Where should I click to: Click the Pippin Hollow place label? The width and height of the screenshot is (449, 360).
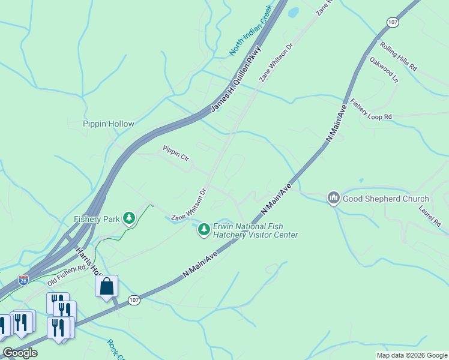(x=108, y=124)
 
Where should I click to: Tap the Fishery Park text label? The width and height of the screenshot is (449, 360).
(x=97, y=219)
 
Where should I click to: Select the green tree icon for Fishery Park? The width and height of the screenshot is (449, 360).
(x=128, y=218)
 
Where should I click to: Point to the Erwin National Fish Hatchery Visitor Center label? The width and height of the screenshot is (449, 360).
(x=255, y=230)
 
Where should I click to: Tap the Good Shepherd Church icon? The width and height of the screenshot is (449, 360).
(x=333, y=198)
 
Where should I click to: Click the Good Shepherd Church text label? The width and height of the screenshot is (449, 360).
(x=386, y=199)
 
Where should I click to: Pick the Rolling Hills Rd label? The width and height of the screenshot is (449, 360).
(x=397, y=56)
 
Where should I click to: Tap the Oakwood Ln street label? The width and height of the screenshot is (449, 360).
(x=384, y=70)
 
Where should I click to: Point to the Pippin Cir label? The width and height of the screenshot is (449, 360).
(x=176, y=153)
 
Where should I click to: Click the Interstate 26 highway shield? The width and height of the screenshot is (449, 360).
(x=23, y=280)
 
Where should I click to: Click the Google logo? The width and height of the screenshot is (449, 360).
(x=20, y=353)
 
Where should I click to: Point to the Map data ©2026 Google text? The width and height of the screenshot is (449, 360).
(x=411, y=355)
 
